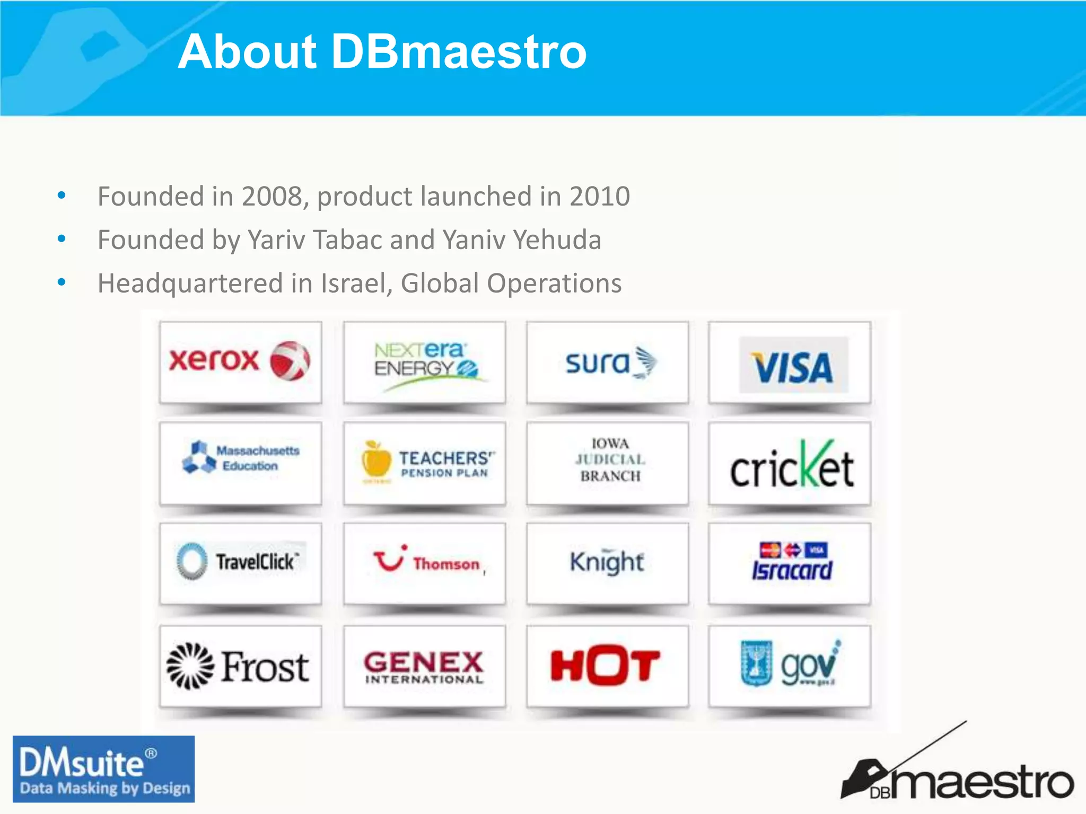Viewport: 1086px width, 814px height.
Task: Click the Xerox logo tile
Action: tap(240, 361)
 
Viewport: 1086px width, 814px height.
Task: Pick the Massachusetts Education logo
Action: tap(240, 458)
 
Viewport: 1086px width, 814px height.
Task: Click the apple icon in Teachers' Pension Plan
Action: tap(376, 460)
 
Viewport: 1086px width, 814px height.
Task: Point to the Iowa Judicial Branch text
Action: tap(610, 459)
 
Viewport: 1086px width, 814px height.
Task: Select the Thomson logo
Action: tap(427, 562)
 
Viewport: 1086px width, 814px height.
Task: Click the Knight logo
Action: tap(607, 562)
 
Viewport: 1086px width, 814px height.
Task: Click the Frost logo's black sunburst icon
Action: tap(190, 666)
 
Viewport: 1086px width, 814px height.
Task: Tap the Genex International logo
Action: tap(424, 667)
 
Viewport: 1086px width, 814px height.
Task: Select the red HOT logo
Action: tap(605, 665)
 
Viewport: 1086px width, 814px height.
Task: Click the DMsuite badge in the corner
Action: tap(103, 768)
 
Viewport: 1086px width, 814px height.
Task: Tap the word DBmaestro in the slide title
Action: tap(459, 52)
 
